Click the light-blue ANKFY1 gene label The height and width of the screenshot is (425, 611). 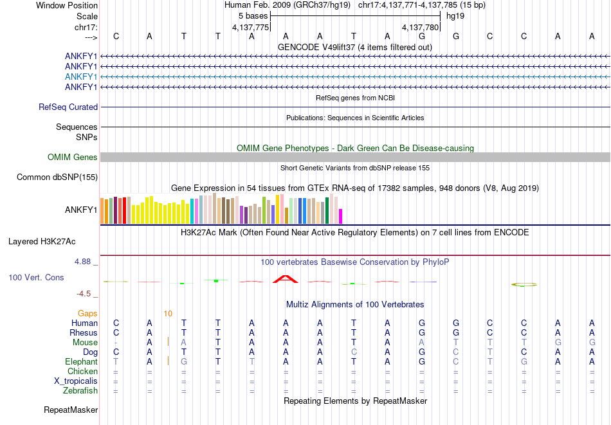81,77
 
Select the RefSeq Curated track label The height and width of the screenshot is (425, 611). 68,107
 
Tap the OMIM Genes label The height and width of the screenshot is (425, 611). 73,157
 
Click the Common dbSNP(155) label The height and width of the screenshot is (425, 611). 57,177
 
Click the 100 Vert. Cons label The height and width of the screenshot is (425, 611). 36,277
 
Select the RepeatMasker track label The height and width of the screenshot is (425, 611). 71,410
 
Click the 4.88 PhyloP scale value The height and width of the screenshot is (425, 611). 83,262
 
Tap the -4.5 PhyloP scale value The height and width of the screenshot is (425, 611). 84,294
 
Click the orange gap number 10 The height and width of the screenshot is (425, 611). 167,314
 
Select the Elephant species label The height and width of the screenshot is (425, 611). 81,361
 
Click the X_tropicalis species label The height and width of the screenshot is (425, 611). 76,381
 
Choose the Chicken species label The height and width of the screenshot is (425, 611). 82,371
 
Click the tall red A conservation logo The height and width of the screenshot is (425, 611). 286,279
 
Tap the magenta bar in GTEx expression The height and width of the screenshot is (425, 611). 340,216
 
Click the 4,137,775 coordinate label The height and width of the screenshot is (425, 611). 250,28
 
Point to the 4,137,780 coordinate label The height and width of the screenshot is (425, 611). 420,28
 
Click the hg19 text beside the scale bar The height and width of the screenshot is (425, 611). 455,15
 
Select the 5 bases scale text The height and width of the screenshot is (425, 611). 253,15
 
